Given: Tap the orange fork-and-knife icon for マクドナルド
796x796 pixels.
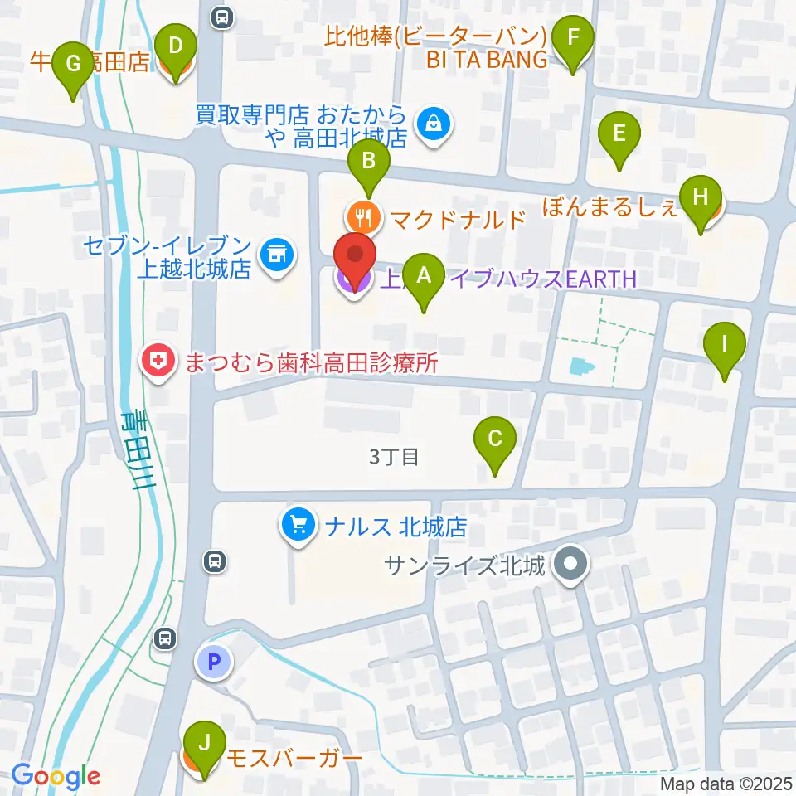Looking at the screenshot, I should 363,218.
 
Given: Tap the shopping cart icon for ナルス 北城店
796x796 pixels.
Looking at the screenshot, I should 298,525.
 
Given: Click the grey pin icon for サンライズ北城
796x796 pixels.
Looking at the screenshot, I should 570,566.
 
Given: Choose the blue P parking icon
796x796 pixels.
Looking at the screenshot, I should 214,662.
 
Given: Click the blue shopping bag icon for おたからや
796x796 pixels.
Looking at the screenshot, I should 432,125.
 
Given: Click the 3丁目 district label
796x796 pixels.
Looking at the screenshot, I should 394,457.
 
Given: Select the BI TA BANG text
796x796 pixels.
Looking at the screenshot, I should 488,60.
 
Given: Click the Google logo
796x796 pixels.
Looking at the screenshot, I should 56,776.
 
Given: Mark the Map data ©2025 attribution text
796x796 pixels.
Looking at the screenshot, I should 726,784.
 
